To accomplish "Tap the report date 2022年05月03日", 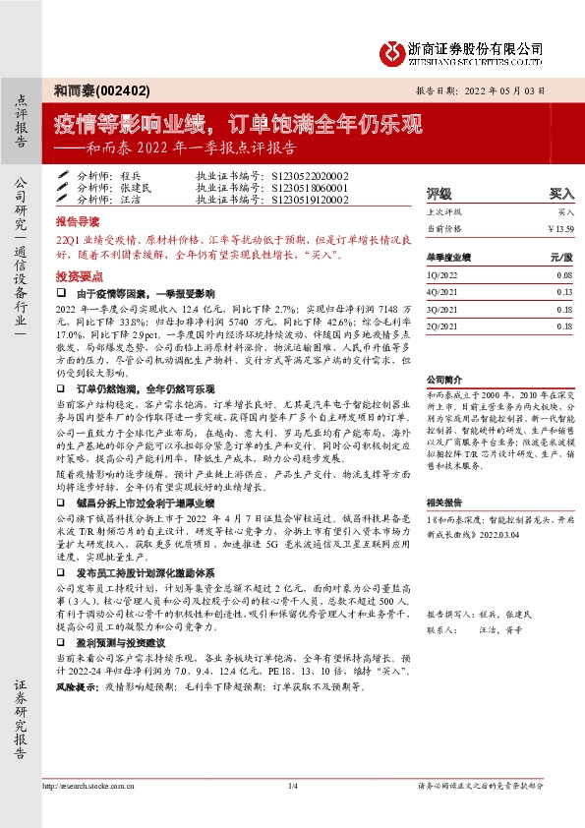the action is point(520,89).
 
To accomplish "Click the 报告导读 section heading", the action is point(78,223).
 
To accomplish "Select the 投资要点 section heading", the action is point(78,277).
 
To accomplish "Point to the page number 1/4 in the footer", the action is point(292,787).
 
